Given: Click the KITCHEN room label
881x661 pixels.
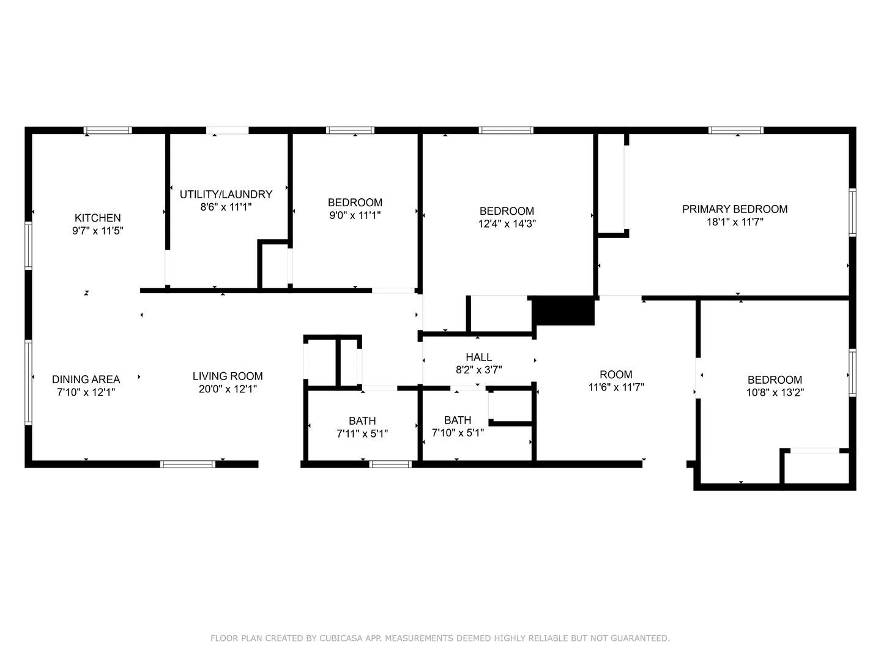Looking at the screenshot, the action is point(97,218).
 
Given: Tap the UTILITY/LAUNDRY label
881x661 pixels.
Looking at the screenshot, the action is point(226,194).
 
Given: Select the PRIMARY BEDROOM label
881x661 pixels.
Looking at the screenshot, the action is point(735,209).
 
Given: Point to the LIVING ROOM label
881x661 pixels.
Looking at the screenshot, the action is point(228,376).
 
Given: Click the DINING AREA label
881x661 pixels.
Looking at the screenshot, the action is point(86,379).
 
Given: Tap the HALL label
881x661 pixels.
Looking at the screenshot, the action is point(479,357).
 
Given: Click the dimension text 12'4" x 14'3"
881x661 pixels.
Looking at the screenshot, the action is point(507,223).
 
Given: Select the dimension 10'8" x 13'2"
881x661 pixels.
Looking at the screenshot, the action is point(775,392).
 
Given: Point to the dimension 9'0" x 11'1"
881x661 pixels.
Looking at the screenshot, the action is point(355,215).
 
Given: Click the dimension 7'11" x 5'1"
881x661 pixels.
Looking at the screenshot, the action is point(362,433).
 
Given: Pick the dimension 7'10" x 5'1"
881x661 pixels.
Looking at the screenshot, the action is point(458,433).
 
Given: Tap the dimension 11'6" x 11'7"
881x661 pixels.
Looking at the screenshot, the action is point(616,387).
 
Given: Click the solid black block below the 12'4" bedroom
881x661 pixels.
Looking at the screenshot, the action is point(563,311).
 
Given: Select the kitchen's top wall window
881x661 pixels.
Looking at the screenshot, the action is point(108,130).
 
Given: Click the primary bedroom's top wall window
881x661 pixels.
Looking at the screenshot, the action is point(736,130).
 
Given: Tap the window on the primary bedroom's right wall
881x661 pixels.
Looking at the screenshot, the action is point(852,212).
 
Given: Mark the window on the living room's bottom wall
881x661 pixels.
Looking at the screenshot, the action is point(187,464).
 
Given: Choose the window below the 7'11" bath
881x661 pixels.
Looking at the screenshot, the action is point(390,464).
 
